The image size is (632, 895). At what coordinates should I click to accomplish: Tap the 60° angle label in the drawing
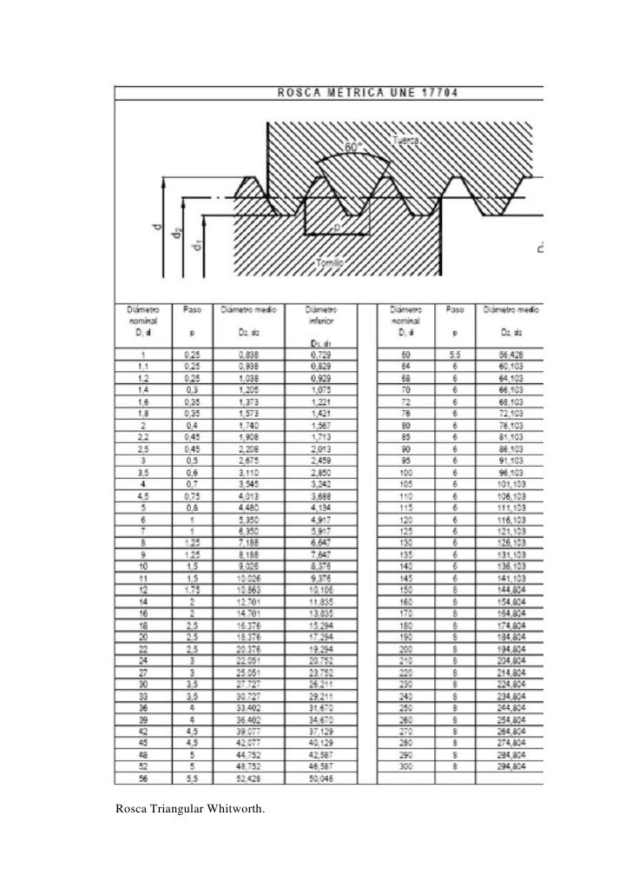point(354,148)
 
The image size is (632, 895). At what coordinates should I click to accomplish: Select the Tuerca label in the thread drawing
point(407,142)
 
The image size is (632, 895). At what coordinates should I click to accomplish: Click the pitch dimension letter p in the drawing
point(337,227)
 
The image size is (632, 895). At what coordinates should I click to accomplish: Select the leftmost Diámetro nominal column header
point(142,314)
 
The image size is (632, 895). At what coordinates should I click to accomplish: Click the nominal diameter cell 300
point(405,767)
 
